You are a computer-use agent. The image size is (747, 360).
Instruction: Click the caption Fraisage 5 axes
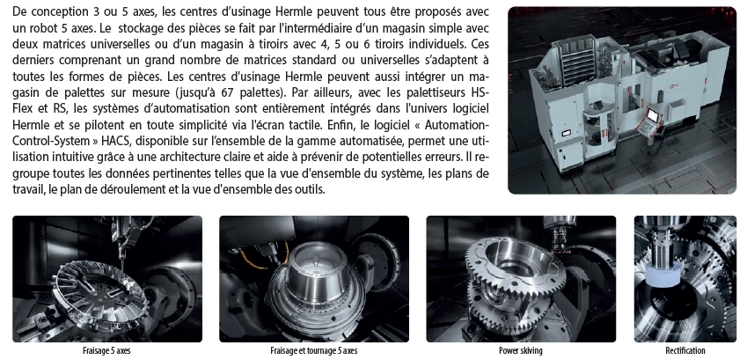(x=106, y=351)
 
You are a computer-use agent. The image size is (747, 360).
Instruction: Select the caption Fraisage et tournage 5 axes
(x=313, y=351)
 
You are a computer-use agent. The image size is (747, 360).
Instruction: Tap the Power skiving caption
(x=521, y=351)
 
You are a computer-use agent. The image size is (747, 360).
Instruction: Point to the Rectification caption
(x=685, y=351)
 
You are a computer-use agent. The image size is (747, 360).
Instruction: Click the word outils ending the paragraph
(x=311, y=190)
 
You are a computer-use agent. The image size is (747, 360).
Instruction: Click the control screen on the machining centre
(x=651, y=115)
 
